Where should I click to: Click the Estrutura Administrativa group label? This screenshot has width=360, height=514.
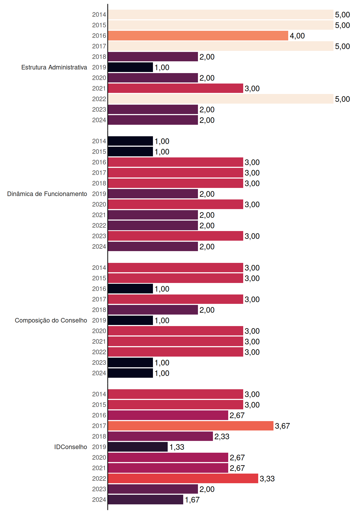click(54, 67)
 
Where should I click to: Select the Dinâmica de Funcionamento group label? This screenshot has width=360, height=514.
click(47, 194)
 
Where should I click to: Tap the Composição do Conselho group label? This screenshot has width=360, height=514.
click(51, 320)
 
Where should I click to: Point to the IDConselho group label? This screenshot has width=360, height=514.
click(71, 447)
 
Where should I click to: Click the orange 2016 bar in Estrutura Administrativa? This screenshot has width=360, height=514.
click(198, 36)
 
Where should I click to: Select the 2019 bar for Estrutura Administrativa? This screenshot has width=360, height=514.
click(130, 67)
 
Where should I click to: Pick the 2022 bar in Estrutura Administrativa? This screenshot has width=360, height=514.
click(221, 99)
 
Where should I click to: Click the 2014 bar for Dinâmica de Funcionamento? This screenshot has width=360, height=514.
click(130, 141)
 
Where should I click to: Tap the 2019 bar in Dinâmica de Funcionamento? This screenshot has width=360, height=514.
click(153, 194)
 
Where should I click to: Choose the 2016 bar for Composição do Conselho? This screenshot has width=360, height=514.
click(130, 289)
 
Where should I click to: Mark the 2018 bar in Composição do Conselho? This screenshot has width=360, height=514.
click(153, 310)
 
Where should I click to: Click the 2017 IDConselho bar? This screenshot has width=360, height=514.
click(191, 426)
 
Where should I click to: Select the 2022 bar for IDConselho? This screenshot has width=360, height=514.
click(183, 478)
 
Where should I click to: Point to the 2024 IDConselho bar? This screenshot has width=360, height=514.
click(145, 500)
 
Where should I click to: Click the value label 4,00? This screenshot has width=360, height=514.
click(297, 36)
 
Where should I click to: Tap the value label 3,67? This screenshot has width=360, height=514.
click(282, 426)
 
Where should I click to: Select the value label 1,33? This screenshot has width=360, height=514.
click(177, 447)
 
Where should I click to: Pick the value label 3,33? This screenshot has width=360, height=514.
click(267, 479)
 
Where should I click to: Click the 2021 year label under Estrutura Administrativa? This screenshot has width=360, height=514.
click(99, 88)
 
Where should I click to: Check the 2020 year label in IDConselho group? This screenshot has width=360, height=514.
click(99, 458)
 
